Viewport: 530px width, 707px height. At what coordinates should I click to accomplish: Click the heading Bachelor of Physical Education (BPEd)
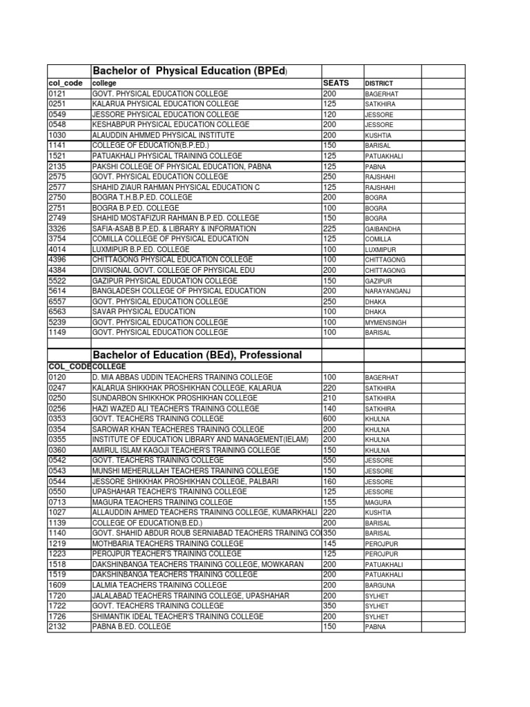(190, 71)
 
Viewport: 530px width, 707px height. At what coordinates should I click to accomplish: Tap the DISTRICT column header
(379, 83)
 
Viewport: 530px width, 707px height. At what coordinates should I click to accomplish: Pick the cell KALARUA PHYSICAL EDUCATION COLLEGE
(165, 104)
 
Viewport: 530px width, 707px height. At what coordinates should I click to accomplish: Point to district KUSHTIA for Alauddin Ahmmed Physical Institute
(379, 135)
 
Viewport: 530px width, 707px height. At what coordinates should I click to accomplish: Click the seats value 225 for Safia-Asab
(329, 229)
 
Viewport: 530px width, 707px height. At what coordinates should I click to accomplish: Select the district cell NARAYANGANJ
(387, 291)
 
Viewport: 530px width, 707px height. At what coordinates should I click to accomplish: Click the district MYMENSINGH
(386, 322)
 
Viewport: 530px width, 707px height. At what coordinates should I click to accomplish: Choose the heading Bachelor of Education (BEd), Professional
(197, 355)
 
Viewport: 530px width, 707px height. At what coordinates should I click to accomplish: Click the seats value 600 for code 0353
(329, 419)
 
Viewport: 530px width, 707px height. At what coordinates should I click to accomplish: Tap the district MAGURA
(378, 503)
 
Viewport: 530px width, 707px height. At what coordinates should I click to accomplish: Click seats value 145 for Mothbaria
(329, 543)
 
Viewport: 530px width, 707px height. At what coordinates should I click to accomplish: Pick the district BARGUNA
(380, 585)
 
